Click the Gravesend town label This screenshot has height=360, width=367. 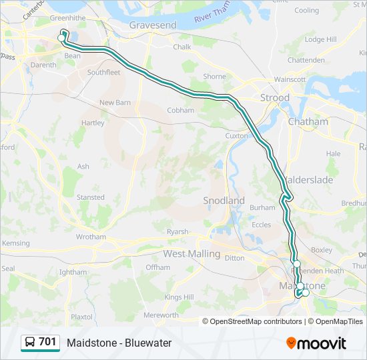coord(153,25)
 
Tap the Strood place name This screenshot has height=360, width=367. coord(274,97)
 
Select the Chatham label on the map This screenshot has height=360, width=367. coord(308,122)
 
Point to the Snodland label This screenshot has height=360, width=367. coord(224,201)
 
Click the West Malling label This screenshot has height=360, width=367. coord(192,254)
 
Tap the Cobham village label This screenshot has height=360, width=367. coord(180,111)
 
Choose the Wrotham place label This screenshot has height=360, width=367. coord(91,237)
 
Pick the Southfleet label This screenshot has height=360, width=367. coord(103,72)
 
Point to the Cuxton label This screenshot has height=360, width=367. coord(236,135)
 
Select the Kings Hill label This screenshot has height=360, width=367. coord(178,297)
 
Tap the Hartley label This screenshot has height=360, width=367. coord(92,123)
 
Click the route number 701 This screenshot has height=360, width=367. coord(47,342)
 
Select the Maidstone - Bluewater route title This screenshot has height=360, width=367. coord(119,343)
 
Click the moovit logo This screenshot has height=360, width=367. coord(316,343)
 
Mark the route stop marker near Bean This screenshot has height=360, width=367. coord(61,38)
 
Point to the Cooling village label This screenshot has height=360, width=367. coord(307,11)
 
